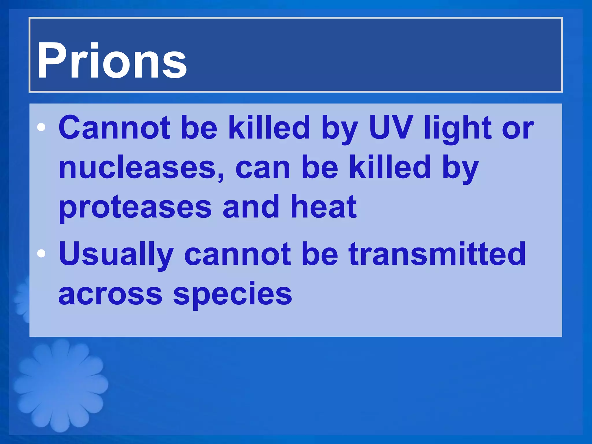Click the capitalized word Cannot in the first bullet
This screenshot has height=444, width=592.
coord(114,127)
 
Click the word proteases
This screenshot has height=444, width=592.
coord(135,208)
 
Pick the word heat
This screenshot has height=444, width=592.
coord(323,206)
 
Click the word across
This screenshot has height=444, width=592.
coord(110,294)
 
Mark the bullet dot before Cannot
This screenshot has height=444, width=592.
coord(41,127)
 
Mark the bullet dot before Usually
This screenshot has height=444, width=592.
coord(41,254)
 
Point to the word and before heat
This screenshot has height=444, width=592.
coord(251,206)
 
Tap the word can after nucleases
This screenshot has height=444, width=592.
coord(262,168)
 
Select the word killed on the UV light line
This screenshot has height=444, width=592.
coord(269,127)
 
